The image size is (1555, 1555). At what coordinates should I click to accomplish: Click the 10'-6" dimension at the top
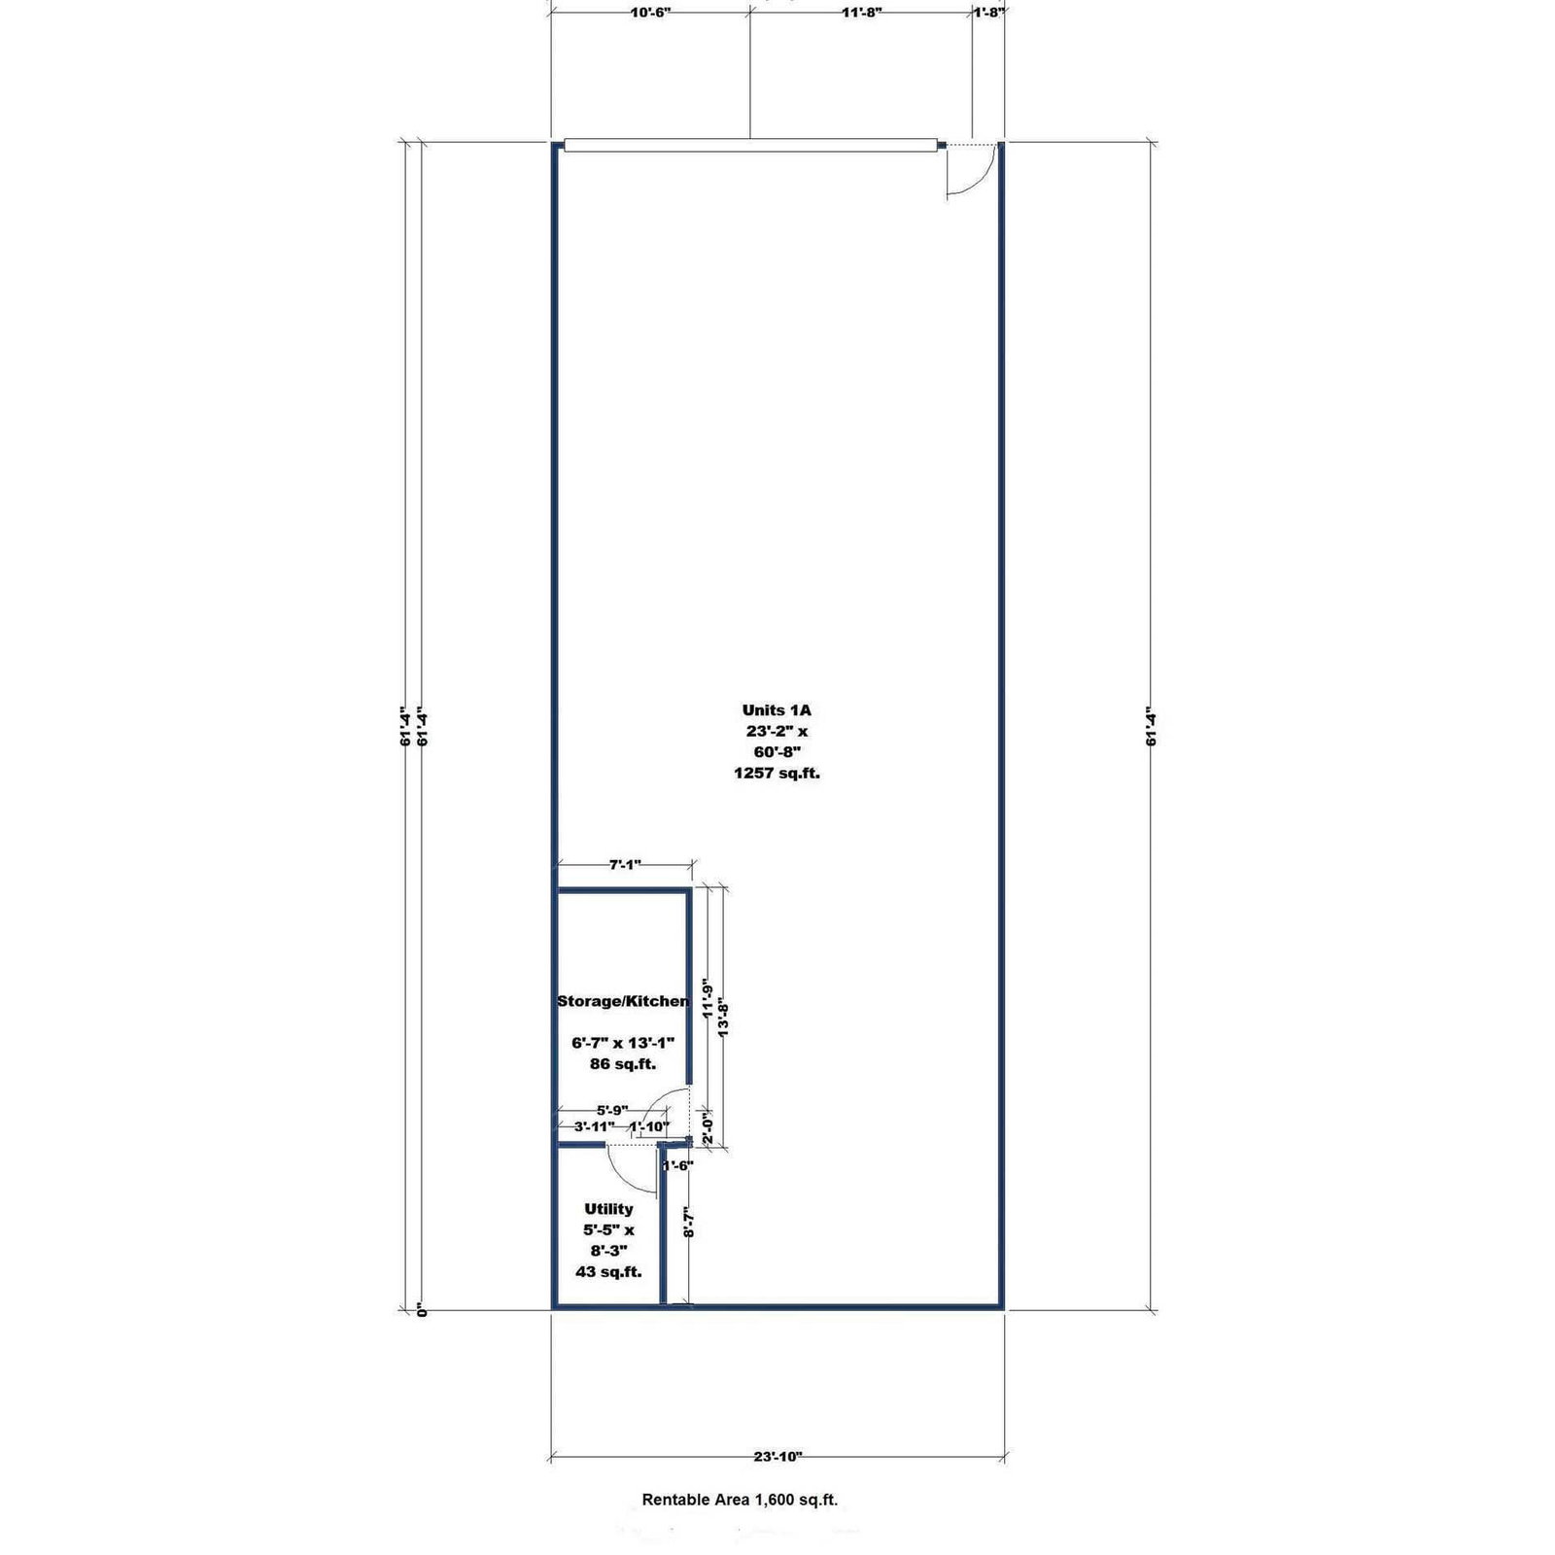pos(650,13)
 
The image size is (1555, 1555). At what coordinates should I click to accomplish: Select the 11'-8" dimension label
pos(861,13)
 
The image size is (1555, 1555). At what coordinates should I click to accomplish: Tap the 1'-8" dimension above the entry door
pos(988,13)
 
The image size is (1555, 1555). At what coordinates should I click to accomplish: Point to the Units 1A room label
pos(776,710)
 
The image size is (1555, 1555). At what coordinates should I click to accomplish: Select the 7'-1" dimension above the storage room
pos(624,864)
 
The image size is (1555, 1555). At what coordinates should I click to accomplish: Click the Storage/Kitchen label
pos(623,1001)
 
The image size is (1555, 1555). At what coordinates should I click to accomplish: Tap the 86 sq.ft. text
pos(623,1063)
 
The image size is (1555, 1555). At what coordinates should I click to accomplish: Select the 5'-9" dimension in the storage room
pos(612,1110)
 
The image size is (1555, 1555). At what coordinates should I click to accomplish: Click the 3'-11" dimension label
pos(594,1126)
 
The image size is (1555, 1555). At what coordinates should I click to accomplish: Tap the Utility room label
pos(608,1209)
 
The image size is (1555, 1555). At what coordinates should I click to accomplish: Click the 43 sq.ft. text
pos(608,1271)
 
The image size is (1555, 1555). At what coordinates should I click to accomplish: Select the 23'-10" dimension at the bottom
pos(777,1456)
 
